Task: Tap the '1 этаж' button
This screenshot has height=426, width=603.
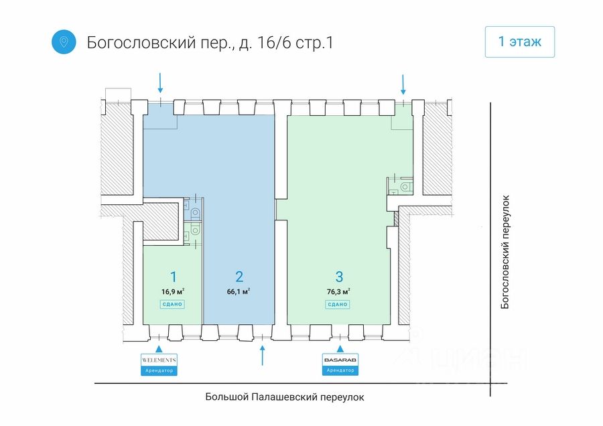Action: click(x=520, y=42)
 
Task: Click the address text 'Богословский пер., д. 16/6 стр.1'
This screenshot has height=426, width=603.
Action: click(x=210, y=42)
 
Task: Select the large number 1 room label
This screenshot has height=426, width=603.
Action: click(x=173, y=277)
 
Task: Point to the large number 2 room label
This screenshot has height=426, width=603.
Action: click(x=239, y=277)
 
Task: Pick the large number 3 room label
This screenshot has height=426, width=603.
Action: click(x=339, y=277)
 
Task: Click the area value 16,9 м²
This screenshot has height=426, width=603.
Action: click(x=173, y=291)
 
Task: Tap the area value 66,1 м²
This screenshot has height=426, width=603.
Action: click(x=239, y=291)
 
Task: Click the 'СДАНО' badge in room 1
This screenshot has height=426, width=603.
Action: click(x=172, y=304)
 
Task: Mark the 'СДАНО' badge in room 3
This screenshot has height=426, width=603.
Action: click(x=338, y=304)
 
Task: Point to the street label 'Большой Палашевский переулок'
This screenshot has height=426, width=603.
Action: click(x=285, y=397)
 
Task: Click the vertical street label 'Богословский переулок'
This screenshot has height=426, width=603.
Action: click(x=507, y=252)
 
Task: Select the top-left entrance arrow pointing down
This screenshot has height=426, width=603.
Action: click(x=160, y=82)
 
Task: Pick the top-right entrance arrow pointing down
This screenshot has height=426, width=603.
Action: click(x=403, y=83)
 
